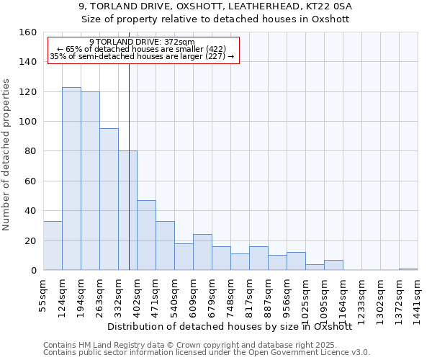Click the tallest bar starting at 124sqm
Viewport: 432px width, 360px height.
[x=71, y=179]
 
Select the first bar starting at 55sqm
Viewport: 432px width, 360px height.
[x=53, y=246]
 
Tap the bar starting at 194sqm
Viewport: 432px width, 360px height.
[x=90, y=181]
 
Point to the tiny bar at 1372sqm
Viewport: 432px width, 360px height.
[x=408, y=269]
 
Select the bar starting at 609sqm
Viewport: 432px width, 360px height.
[x=202, y=252]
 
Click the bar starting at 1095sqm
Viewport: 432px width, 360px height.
[x=333, y=265]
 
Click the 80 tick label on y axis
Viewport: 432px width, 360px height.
[x=30, y=152]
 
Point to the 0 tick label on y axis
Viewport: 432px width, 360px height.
[x=33, y=271]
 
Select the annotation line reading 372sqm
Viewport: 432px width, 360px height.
[x=143, y=42]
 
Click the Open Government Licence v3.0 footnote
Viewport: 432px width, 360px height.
[x=302, y=353]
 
